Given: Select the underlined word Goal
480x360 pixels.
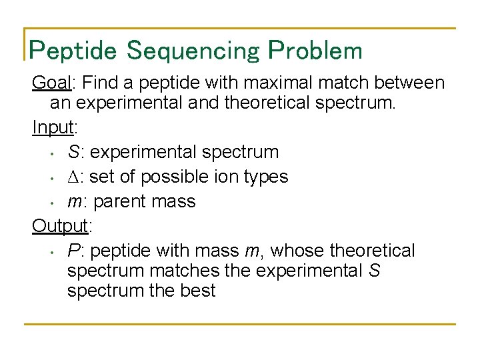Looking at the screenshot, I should (53, 83).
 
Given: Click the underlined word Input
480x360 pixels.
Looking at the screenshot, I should (53, 127).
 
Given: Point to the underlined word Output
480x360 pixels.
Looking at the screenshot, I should (60, 226).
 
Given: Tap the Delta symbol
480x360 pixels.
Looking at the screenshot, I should (74, 177).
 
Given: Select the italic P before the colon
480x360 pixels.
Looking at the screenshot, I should (73, 251).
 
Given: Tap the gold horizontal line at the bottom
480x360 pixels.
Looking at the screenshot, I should (240, 324).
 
